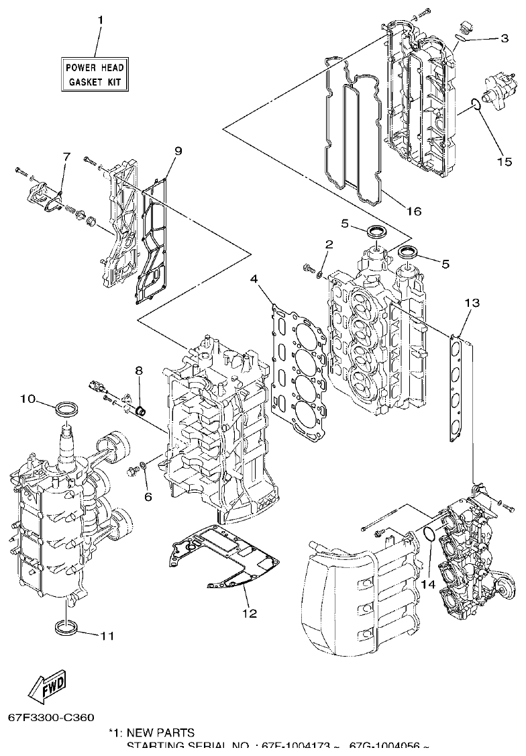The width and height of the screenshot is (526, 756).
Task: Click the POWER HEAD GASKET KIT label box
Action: pyautogui.click(x=95, y=74)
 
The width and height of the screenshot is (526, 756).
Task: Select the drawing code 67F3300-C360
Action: pyautogui.click(x=52, y=718)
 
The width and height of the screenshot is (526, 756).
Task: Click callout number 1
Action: pyautogui.click(x=101, y=21)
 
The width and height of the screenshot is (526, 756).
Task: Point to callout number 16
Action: pyautogui.click(x=414, y=211)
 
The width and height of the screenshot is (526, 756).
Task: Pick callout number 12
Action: pyautogui.click(x=249, y=613)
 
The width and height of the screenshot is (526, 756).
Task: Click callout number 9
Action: pyautogui.click(x=178, y=152)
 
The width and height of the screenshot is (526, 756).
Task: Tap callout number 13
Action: pyautogui.click(x=472, y=303)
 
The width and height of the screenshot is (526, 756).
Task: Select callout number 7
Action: pyautogui.click(x=66, y=156)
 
